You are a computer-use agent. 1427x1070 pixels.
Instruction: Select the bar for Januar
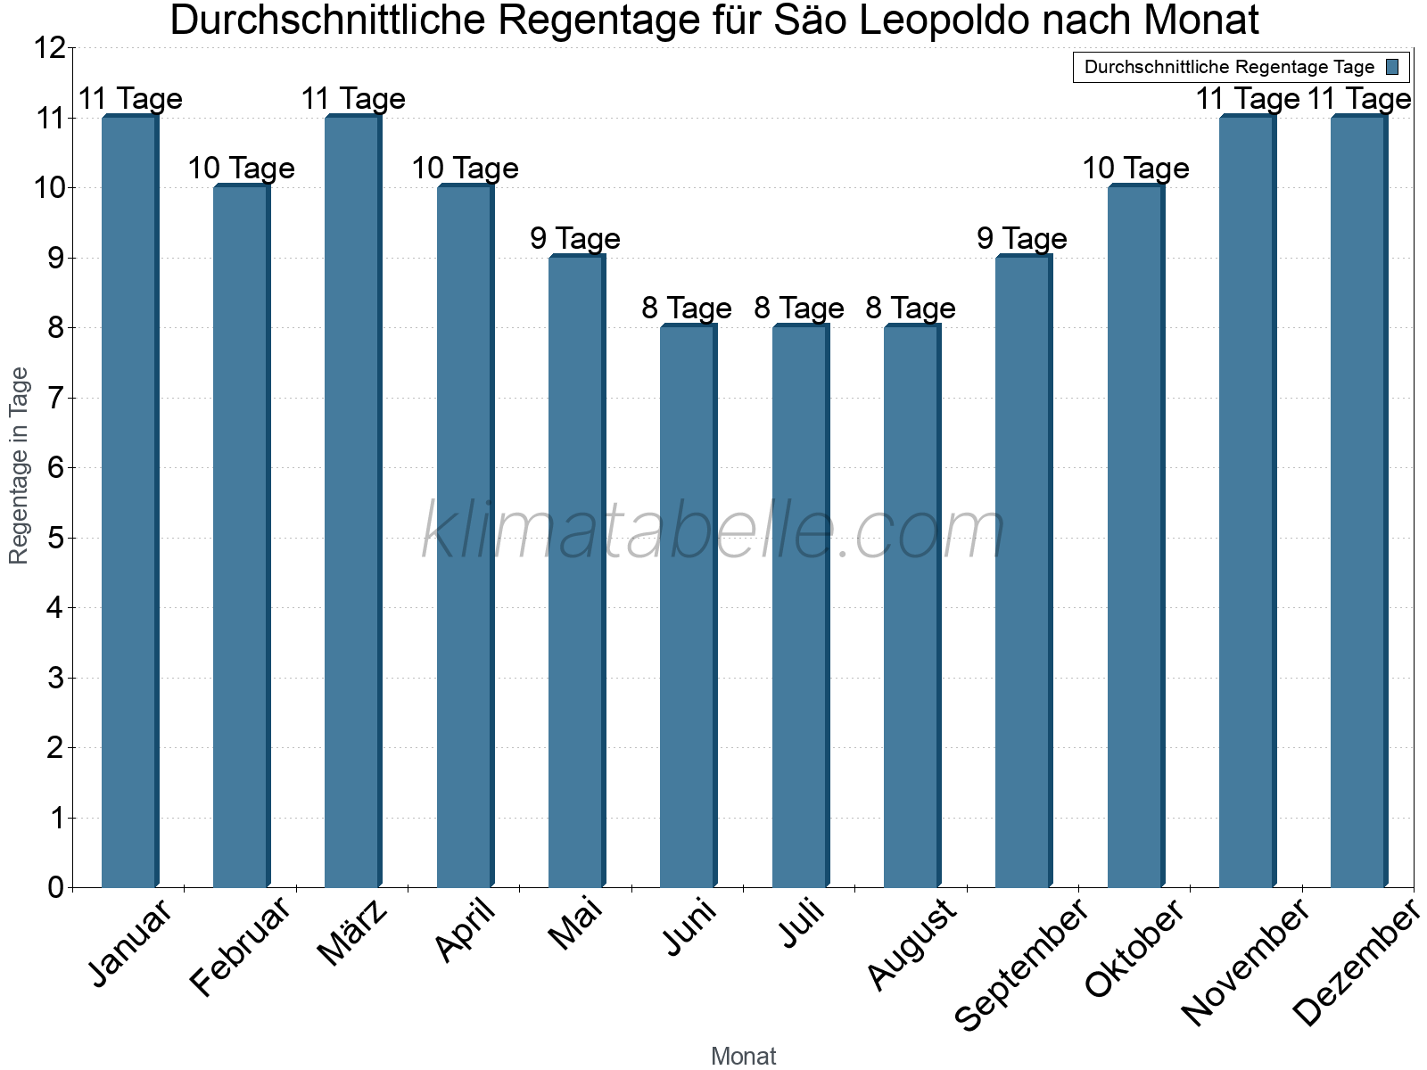(x=129, y=501)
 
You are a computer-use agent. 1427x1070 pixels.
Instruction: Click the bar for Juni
(x=688, y=606)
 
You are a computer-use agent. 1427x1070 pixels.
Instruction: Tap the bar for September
(x=1023, y=571)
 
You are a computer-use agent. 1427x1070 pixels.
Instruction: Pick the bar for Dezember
(x=1358, y=501)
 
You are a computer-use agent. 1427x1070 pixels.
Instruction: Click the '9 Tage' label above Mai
(x=575, y=239)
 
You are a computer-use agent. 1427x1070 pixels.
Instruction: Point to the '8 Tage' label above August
(x=911, y=309)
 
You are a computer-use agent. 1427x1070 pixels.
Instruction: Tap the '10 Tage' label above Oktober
(x=1135, y=169)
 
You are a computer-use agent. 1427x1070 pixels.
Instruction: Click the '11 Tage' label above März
(x=353, y=99)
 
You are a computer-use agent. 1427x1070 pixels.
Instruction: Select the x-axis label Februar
(x=242, y=947)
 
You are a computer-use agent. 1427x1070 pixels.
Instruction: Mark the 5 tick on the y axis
(x=56, y=538)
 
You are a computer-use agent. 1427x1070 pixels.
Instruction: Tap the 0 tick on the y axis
(x=56, y=887)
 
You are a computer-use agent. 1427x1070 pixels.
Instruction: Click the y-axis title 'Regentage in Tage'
(x=19, y=465)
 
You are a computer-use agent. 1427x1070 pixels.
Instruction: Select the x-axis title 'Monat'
(x=743, y=1056)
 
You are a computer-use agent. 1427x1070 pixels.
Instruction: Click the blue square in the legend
(x=1393, y=67)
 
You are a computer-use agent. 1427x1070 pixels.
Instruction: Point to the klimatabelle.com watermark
(x=713, y=531)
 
